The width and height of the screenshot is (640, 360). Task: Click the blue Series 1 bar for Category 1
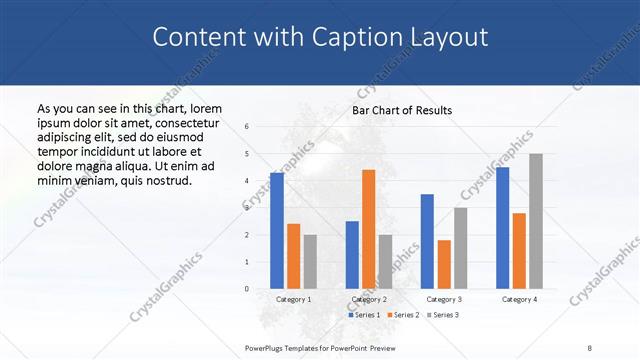click(x=277, y=230)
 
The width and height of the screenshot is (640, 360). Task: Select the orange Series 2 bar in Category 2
click(x=368, y=229)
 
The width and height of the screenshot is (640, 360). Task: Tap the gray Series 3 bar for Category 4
click(x=536, y=221)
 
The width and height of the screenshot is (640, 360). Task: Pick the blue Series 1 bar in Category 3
click(x=427, y=241)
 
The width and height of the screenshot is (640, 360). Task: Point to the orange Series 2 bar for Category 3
click(x=444, y=264)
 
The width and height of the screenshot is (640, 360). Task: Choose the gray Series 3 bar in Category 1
click(x=310, y=261)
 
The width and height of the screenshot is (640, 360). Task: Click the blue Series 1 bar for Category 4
click(x=502, y=228)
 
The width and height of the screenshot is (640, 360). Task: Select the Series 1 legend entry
click(x=366, y=315)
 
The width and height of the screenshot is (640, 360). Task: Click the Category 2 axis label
click(x=369, y=299)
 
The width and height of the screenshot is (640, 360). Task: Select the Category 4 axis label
click(x=519, y=299)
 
